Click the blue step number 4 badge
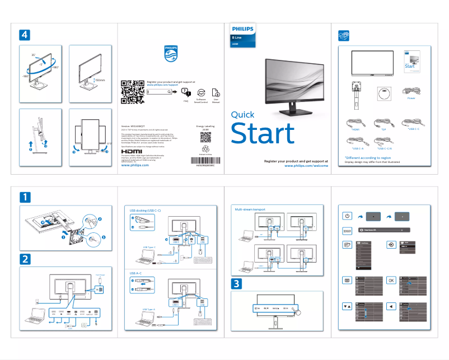coord(24,35)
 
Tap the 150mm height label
coord(100,81)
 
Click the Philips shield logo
coord(170,54)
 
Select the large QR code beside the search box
coord(133,93)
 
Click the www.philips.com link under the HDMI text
coord(135,166)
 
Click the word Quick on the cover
coord(245,115)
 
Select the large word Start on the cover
coord(262,134)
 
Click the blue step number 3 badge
coord(237,283)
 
